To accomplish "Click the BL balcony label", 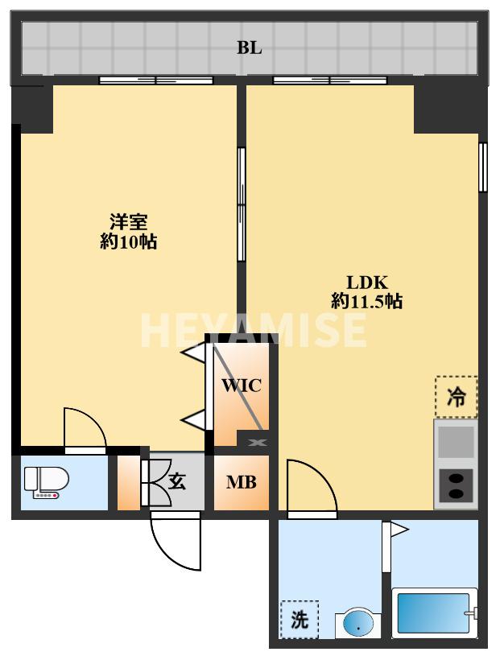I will (x=249, y=48).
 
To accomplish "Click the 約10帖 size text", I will (x=128, y=241).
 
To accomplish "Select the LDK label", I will (x=367, y=283).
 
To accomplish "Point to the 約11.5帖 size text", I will (x=367, y=302).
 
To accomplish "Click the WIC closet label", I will (x=242, y=386).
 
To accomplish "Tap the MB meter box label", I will (x=241, y=483).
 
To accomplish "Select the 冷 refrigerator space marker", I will (x=456, y=398).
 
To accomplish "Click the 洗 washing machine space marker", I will (x=300, y=621).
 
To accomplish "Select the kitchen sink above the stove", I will (x=456, y=441).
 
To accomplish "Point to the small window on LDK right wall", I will (x=482, y=167).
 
